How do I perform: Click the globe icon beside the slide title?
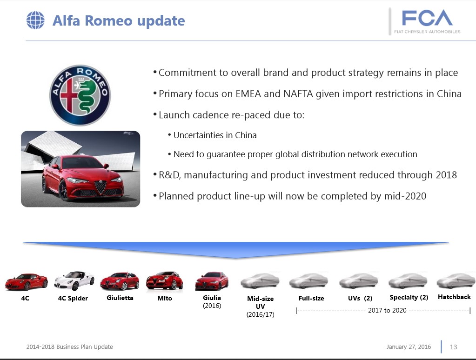tap(35, 20)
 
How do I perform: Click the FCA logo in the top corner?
tap(427, 21)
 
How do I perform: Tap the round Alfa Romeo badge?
tap(80, 95)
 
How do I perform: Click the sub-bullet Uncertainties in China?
tap(215, 135)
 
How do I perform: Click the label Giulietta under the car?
tap(120, 298)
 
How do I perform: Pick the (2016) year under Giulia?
tap(212, 306)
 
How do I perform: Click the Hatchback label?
tap(454, 297)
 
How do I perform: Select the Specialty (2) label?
tap(409, 297)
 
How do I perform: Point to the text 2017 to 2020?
tap(387, 310)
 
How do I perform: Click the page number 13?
tap(453, 347)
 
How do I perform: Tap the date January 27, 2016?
tap(409, 347)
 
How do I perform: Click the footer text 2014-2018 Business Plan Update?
tap(69, 347)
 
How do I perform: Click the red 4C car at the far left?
tap(27, 282)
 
